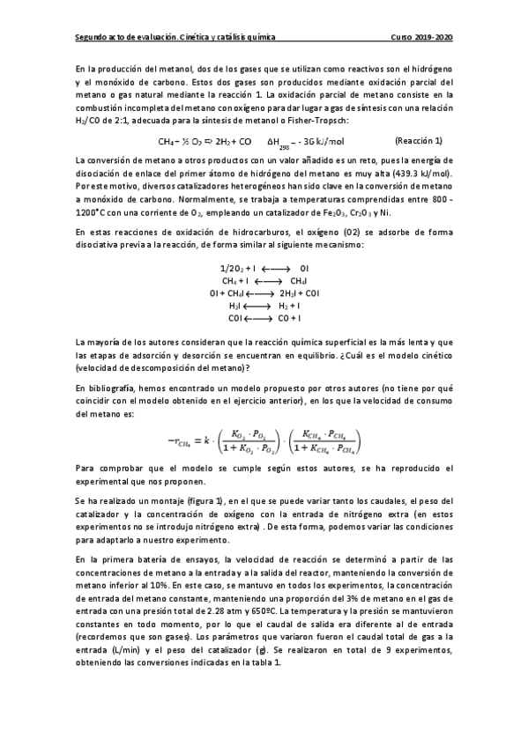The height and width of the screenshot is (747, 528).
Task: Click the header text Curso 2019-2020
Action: [422, 38]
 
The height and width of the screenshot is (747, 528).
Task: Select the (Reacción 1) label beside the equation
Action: [419, 141]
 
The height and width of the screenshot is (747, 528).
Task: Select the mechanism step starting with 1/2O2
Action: [264, 267]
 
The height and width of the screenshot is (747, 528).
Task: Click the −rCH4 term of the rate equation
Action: [183, 440]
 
